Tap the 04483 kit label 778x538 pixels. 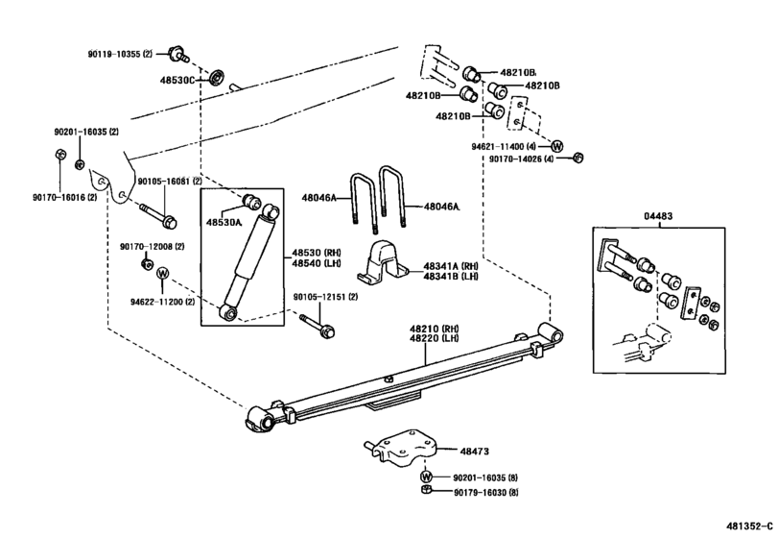click(x=659, y=218)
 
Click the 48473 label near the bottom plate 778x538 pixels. click(x=474, y=450)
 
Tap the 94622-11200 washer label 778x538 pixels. click(x=163, y=302)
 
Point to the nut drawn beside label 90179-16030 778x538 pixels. click(x=425, y=493)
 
